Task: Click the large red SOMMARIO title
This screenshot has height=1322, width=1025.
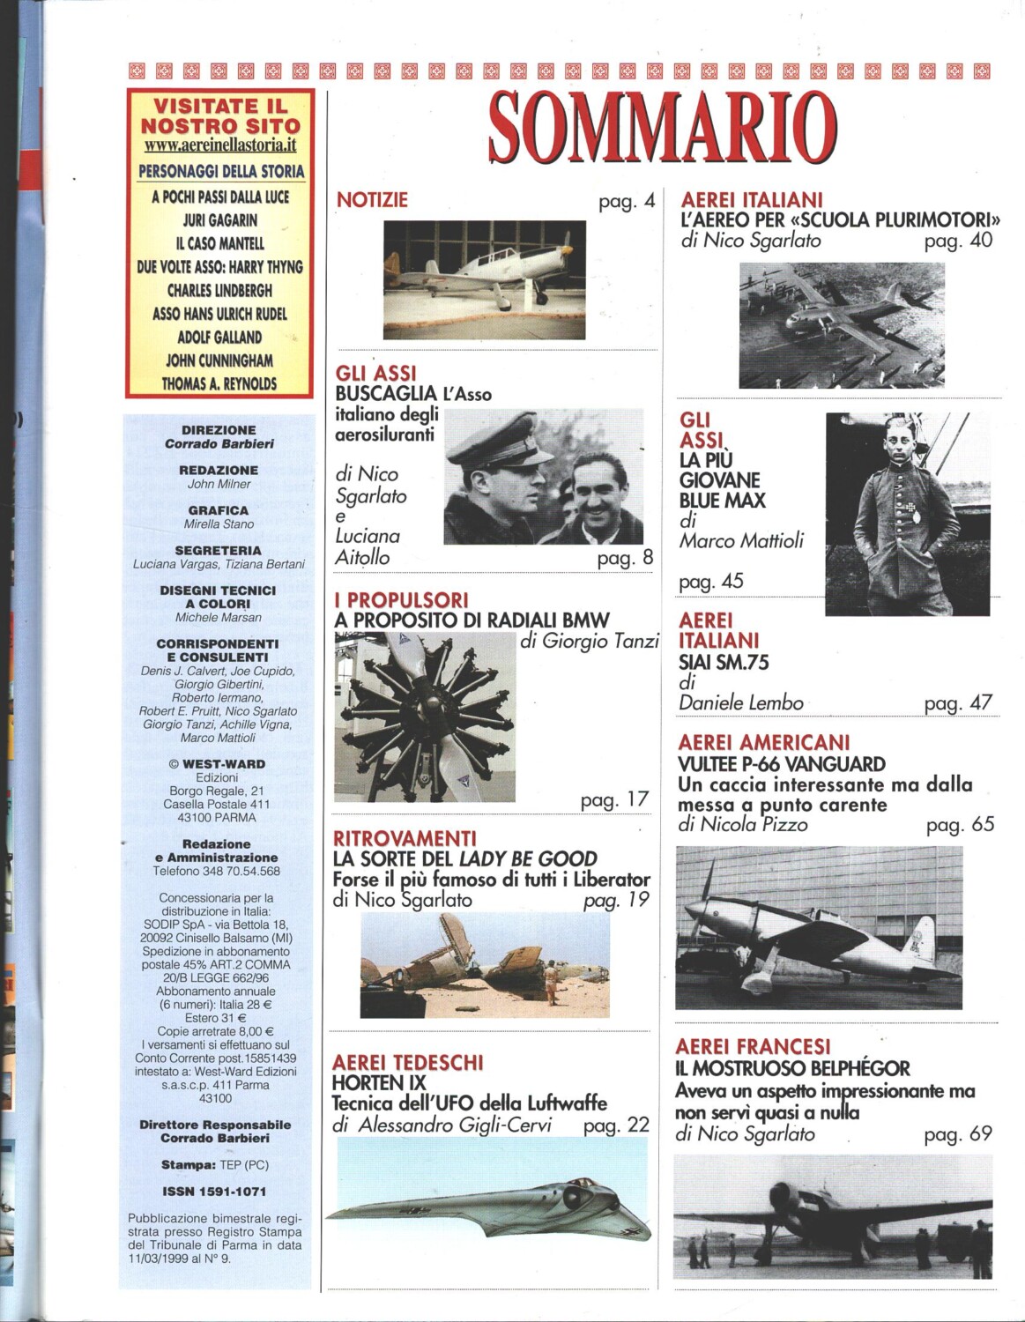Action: [x=662, y=128]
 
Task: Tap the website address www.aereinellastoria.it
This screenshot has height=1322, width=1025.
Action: [x=219, y=146]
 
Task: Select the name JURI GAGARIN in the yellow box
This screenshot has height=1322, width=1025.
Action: [x=220, y=220]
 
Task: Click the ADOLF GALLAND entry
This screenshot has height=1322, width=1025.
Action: [x=219, y=338]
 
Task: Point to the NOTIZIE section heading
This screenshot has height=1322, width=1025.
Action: [x=372, y=200]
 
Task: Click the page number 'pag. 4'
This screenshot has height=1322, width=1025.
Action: [x=627, y=202]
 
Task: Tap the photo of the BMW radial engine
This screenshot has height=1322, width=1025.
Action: [x=425, y=717]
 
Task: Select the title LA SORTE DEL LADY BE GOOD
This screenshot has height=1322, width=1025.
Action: [x=464, y=859]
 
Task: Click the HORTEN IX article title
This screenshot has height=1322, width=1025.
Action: [x=379, y=1083]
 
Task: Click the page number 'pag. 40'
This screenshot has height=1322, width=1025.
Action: [x=958, y=241]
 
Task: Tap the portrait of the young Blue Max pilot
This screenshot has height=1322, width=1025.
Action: [x=907, y=514]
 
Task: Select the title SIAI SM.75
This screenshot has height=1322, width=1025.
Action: [x=724, y=663]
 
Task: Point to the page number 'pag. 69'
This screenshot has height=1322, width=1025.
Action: [x=958, y=1134]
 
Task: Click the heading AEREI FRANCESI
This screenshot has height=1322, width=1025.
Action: [x=753, y=1047]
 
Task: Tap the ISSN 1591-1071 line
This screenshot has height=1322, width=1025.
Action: [x=214, y=1192]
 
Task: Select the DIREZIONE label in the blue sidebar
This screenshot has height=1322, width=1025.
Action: [x=219, y=430]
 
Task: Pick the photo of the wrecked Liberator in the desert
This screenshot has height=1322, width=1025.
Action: [x=485, y=966]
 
